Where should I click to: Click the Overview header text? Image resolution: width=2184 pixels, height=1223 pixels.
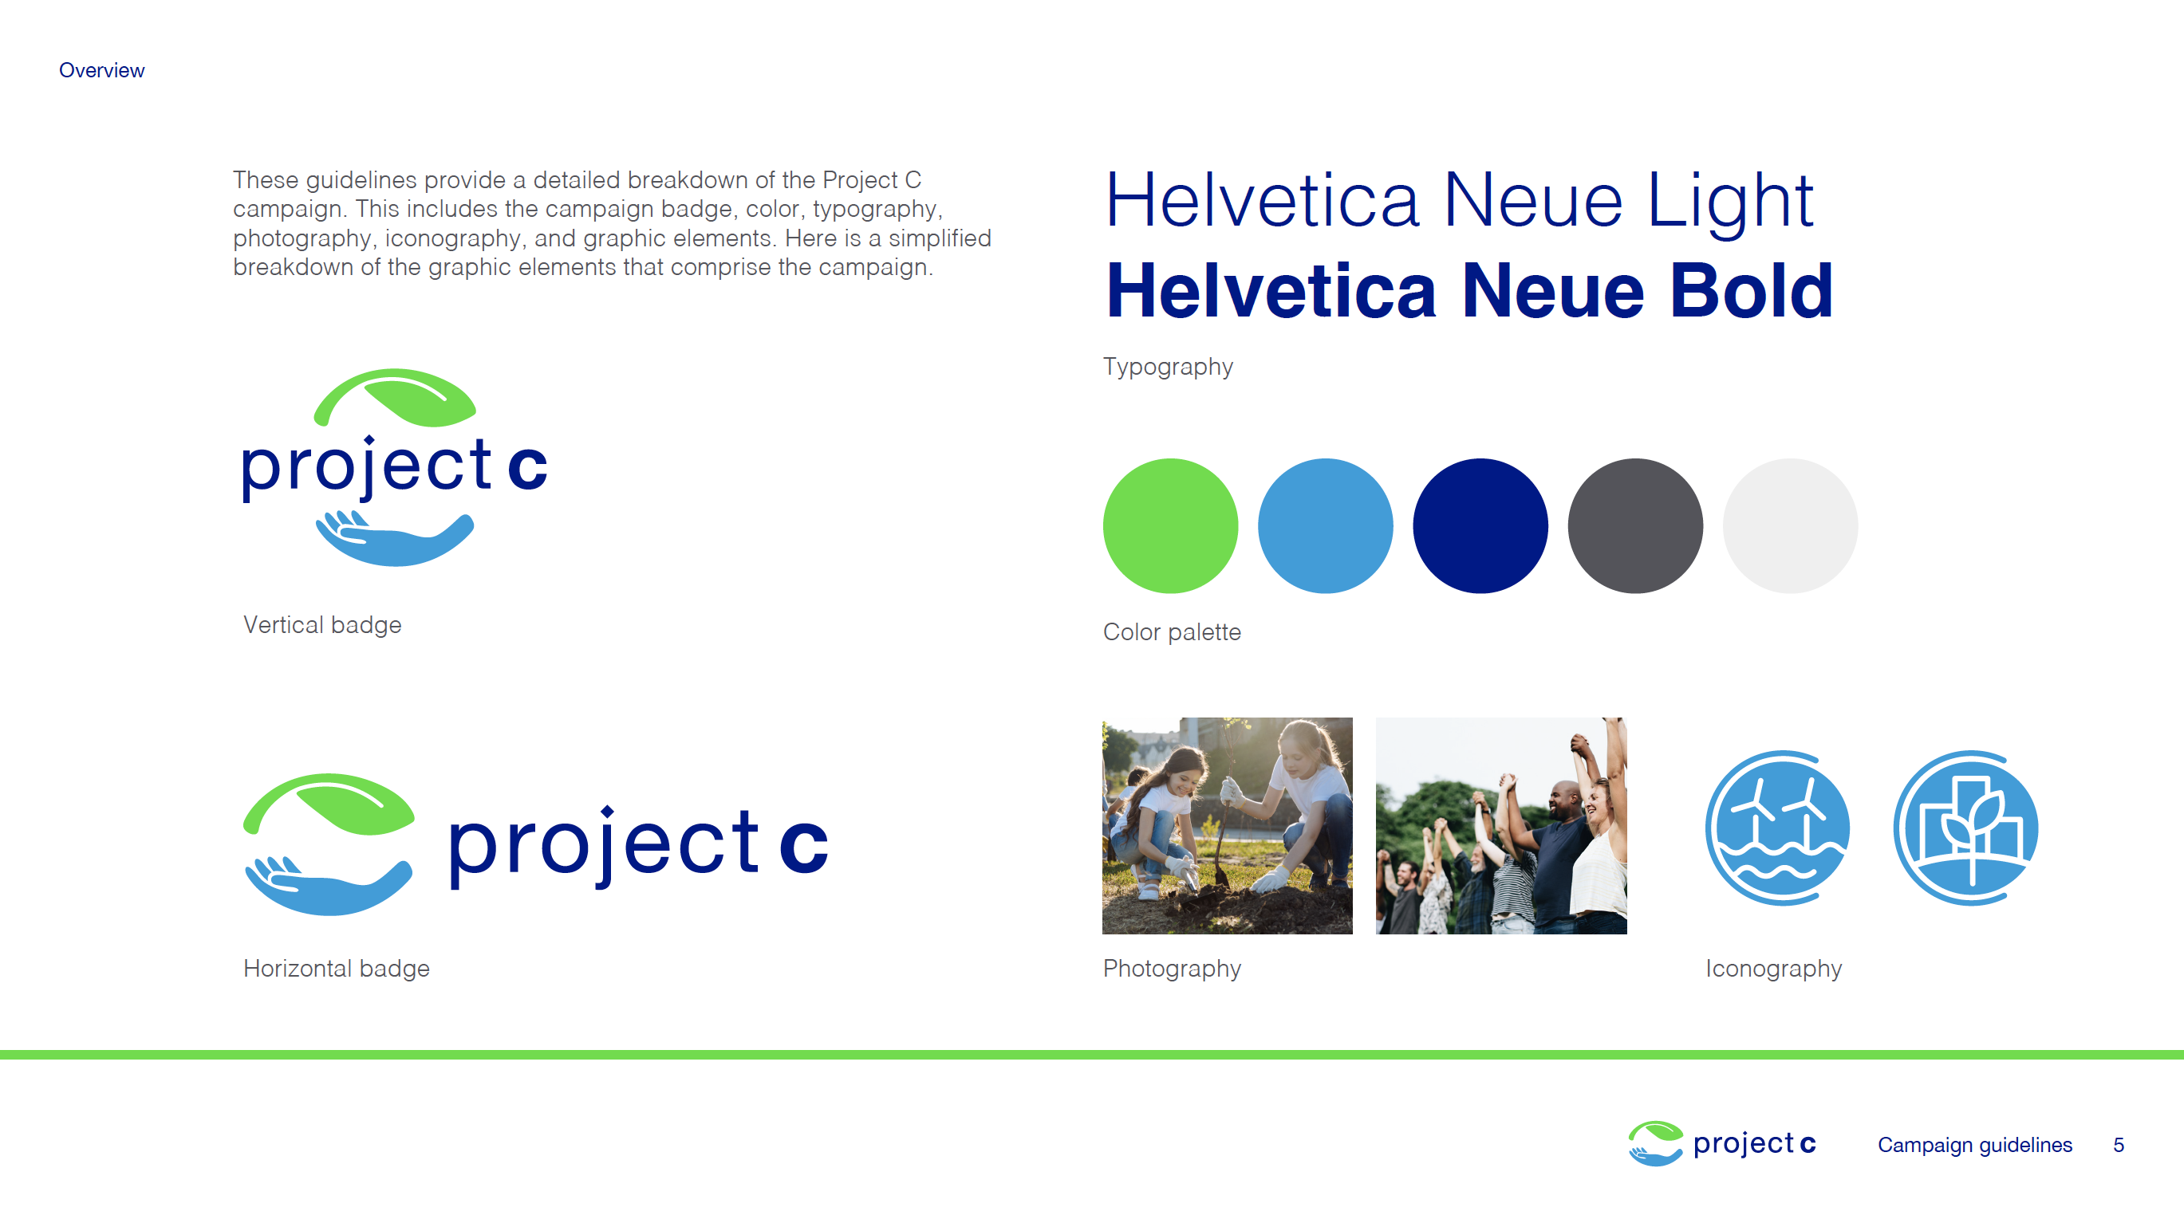[102, 70]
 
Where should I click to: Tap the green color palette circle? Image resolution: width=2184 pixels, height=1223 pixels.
[1170, 525]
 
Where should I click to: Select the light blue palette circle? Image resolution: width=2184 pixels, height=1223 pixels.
[1325, 525]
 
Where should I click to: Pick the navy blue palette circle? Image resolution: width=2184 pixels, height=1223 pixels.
[1480, 525]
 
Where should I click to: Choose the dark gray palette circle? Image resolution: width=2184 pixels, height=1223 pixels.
[1635, 525]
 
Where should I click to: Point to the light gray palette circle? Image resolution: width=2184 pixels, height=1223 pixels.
[1791, 525]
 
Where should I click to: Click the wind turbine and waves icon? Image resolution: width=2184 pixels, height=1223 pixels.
[1778, 828]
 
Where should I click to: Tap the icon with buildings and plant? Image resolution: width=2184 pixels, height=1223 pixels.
[1966, 828]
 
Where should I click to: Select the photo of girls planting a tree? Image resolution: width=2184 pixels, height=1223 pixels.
[1228, 825]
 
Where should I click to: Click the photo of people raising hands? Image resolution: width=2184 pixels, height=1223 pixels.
[1501, 825]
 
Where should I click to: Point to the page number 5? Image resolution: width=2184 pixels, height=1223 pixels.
[2119, 1145]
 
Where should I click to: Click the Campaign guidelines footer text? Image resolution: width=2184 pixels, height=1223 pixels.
[1974, 1145]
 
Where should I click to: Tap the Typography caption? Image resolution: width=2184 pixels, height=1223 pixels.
[1169, 367]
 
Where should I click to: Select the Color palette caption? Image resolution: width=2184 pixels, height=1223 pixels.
[1172, 632]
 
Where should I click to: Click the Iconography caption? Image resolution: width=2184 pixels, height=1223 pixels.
[1774, 969]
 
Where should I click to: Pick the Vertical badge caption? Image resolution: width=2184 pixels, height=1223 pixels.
[322, 624]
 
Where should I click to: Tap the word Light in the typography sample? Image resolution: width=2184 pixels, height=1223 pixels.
[1730, 202]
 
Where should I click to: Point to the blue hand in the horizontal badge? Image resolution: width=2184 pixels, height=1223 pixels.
[329, 886]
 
